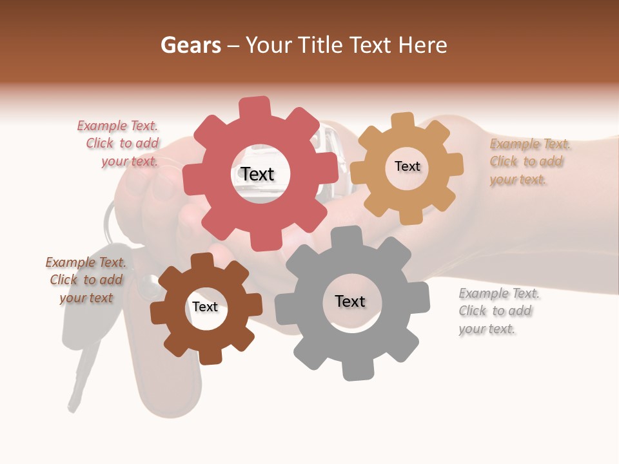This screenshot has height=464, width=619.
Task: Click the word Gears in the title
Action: click(x=190, y=45)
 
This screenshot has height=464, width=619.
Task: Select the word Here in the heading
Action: click(x=422, y=45)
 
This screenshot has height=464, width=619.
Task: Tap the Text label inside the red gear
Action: click(x=257, y=174)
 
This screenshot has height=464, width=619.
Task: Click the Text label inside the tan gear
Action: click(x=407, y=166)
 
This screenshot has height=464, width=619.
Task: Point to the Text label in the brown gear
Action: click(x=205, y=307)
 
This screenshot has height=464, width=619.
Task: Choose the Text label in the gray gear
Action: click(x=350, y=301)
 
